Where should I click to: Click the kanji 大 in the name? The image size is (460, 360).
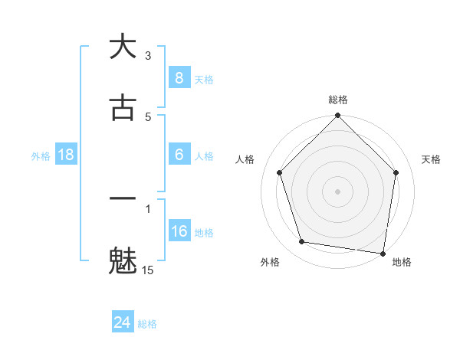point(123,47)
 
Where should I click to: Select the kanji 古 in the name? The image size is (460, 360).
point(123,107)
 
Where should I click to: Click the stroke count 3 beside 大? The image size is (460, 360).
point(148,56)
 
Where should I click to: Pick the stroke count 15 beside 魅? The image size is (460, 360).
point(148,270)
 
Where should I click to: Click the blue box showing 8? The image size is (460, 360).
point(179,78)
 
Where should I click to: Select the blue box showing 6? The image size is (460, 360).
point(179,155)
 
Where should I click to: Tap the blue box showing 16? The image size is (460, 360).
point(179,231)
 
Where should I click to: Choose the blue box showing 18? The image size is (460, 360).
point(66,155)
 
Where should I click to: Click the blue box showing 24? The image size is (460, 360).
point(122,323)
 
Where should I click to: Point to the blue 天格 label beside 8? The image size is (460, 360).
point(204,80)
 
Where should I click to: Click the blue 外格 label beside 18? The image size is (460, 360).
point(41,156)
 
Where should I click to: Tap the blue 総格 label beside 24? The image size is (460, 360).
point(147,325)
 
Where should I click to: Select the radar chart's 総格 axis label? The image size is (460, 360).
point(337,100)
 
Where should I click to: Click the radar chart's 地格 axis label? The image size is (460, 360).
point(402,263)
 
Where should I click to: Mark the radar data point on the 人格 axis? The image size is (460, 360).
point(280,172)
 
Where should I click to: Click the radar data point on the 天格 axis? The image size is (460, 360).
point(396,172)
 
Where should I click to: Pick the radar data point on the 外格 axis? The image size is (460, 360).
point(302,242)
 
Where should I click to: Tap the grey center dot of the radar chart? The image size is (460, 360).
point(337,191)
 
